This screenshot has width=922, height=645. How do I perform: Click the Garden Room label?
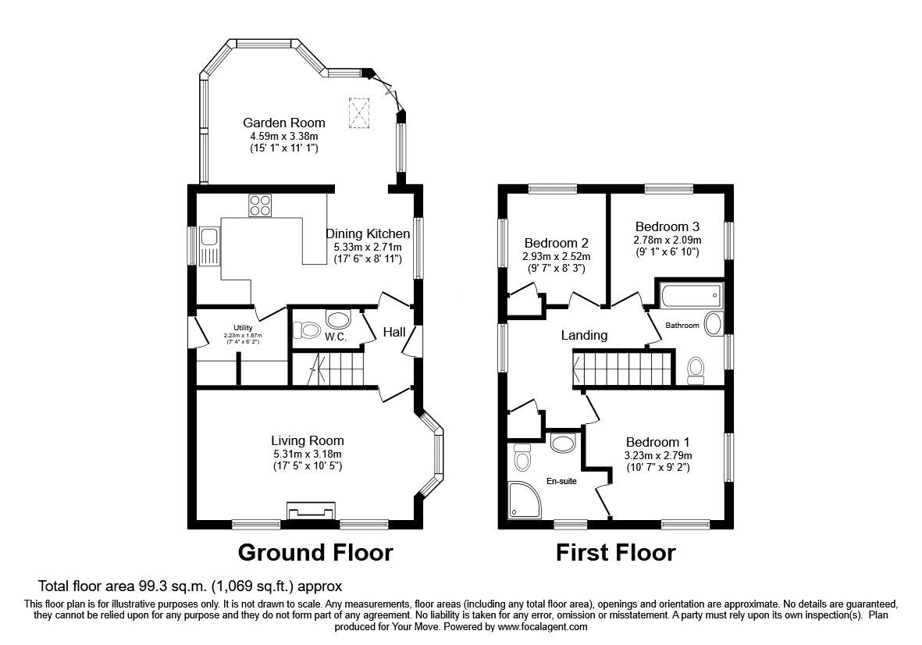point(283,123)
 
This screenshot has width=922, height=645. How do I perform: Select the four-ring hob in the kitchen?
point(260,205)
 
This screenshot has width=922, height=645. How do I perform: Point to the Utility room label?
point(244,327)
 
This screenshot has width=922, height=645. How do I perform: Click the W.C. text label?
point(336,337)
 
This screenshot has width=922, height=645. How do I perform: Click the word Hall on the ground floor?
point(394,333)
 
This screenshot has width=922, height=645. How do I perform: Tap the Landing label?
point(584,335)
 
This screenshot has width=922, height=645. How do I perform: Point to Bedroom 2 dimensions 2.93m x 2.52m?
point(556,256)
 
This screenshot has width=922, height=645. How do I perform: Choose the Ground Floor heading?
point(315,553)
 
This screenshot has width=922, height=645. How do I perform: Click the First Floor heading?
point(615,553)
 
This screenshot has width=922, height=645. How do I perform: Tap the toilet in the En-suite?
point(522,457)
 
